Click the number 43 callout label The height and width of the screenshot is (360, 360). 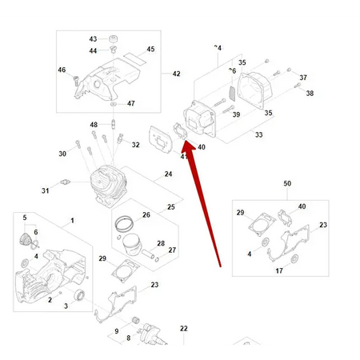pyautogui.click(x=93, y=39)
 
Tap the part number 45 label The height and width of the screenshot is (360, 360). pyautogui.click(x=150, y=50)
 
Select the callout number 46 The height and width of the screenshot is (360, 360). pyautogui.click(x=62, y=70)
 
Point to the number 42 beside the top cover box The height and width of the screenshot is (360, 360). pyautogui.click(x=176, y=74)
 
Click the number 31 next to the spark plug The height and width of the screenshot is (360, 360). pyautogui.click(x=46, y=190)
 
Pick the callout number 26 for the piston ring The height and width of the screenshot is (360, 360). pyautogui.click(x=146, y=214)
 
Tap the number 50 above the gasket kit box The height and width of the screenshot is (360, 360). pyautogui.click(x=287, y=184)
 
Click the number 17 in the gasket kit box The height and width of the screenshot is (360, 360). pyautogui.click(x=279, y=271)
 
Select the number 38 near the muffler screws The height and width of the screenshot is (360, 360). pyautogui.click(x=310, y=93)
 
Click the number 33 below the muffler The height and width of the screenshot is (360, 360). pyautogui.click(x=258, y=135)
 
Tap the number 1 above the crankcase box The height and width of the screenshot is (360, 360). pyautogui.click(x=71, y=220)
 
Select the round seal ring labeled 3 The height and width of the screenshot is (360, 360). pyautogui.click(x=80, y=298)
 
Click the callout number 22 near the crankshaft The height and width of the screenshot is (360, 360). pyautogui.click(x=183, y=329)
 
